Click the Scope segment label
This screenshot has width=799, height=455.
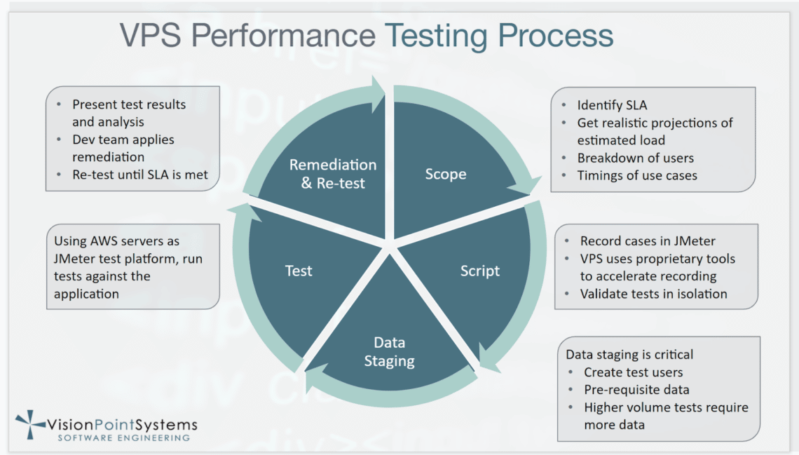(x=445, y=174)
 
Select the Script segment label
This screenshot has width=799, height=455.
(x=480, y=270)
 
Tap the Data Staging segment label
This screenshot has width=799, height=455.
(x=389, y=352)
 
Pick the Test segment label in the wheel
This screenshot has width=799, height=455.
(x=299, y=270)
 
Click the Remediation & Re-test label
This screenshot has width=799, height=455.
(x=333, y=174)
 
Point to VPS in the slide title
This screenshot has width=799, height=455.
(x=151, y=35)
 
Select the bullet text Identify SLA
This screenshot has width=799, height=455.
(x=612, y=105)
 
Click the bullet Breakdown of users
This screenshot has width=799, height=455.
(x=635, y=158)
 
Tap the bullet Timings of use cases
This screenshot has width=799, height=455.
(x=637, y=175)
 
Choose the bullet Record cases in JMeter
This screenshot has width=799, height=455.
(x=648, y=241)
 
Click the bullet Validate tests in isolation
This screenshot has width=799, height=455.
(x=653, y=294)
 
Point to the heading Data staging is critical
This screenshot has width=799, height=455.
(x=629, y=355)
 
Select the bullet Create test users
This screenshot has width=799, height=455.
(x=633, y=372)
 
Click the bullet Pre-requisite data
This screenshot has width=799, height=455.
(x=636, y=390)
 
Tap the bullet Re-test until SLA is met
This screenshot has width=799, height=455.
(x=140, y=175)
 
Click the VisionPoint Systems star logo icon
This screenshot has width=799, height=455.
(x=30, y=425)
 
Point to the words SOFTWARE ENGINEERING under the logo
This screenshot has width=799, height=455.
(x=123, y=438)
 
